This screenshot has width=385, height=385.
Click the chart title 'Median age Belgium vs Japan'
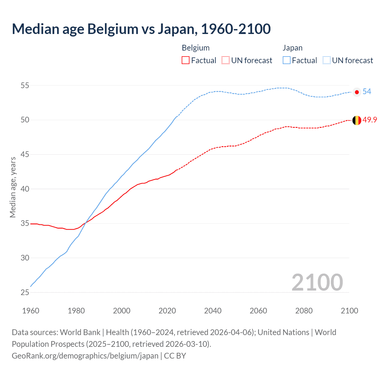[x=141, y=29]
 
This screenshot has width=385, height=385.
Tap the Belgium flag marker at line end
[x=357, y=120]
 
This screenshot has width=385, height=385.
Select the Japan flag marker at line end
[x=357, y=92]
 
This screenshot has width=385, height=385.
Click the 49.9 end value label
[x=370, y=120]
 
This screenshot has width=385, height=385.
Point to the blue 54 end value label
[x=367, y=92]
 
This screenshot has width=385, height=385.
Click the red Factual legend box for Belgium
[x=186, y=60]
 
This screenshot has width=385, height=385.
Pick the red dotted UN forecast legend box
[x=226, y=60]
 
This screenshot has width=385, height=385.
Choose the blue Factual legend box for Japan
[x=287, y=60]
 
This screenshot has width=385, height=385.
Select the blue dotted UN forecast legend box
[x=326, y=60]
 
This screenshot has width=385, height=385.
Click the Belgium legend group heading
[x=196, y=48]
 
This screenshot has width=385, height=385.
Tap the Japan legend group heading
[x=292, y=48]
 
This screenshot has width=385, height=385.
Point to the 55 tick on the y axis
[x=25, y=86]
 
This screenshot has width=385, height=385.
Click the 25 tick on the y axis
[x=25, y=292]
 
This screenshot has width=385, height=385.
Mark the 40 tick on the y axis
[x=25, y=189]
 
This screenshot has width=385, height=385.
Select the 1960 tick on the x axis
[x=31, y=311]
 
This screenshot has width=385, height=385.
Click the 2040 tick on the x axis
[x=213, y=311]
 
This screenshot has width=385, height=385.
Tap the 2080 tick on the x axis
[x=304, y=311]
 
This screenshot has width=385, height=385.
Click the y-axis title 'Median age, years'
[x=13, y=187]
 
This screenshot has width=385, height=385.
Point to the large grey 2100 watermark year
[x=317, y=282]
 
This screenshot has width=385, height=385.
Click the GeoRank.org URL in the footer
[x=85, y=356]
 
